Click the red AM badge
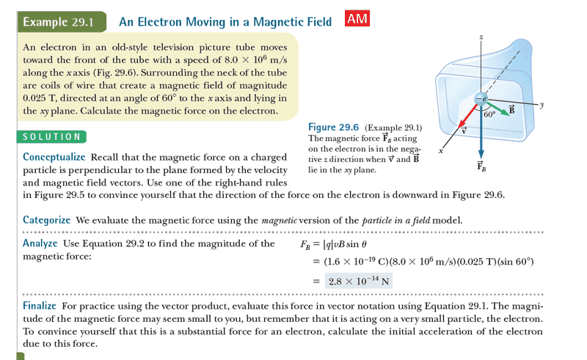tap(357, 20)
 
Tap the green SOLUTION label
tap(51, 136)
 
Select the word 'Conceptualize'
tap(54, 157)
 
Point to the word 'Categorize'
tap(47, 219)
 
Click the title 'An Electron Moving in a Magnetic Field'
tap(226, 22)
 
